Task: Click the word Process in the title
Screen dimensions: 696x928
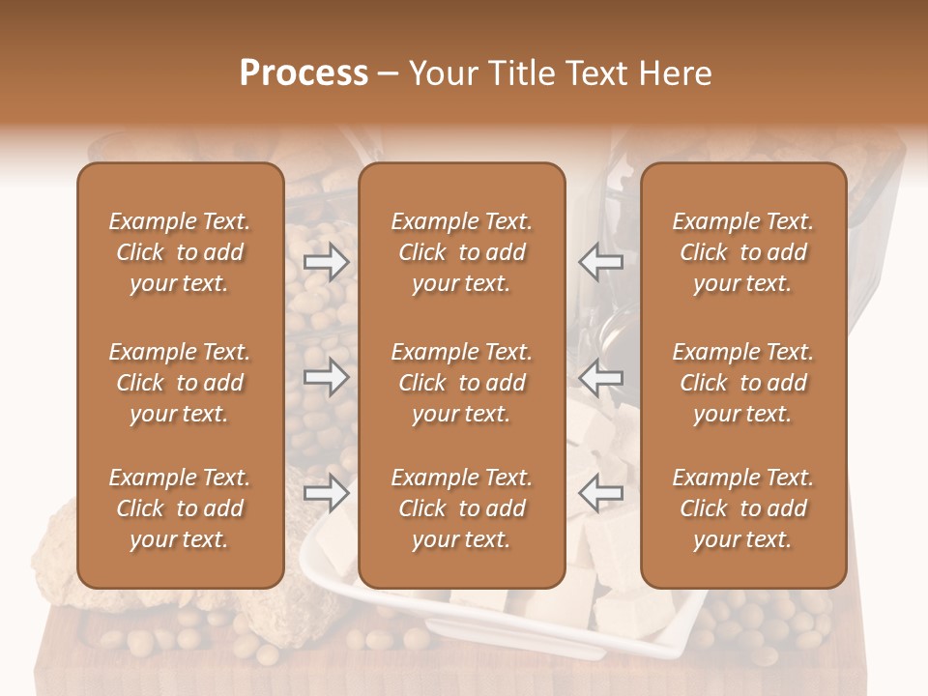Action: click(x=304, y=73)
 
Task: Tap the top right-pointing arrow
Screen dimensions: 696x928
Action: click(x=327, y=262)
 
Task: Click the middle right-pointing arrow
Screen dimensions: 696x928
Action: click(x=327, y=377)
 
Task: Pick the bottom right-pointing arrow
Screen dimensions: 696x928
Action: click(x=327, y=493)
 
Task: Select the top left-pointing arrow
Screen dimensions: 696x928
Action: click(x=601, y=262)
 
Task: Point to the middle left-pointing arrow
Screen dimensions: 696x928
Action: click(x=601, y=377)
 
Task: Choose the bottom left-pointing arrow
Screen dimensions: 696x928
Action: click(x=601, y=493)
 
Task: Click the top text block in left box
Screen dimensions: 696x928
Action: click(x=180, y=252)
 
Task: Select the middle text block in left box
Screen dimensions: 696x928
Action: click(x=180, y=383)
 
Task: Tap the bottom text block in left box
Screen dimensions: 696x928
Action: click(x=180, y=508)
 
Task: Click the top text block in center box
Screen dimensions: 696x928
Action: click(x=461, y=252)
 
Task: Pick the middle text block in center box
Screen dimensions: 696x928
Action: click(x=461, y=383)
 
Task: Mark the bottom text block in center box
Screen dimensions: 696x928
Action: click(x=461, y=508)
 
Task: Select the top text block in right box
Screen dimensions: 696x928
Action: click(x=743, y=252)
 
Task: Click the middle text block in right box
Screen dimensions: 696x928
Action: click(x=743, y=383)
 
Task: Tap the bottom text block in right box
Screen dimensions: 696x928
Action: click(x=743, y=508)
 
